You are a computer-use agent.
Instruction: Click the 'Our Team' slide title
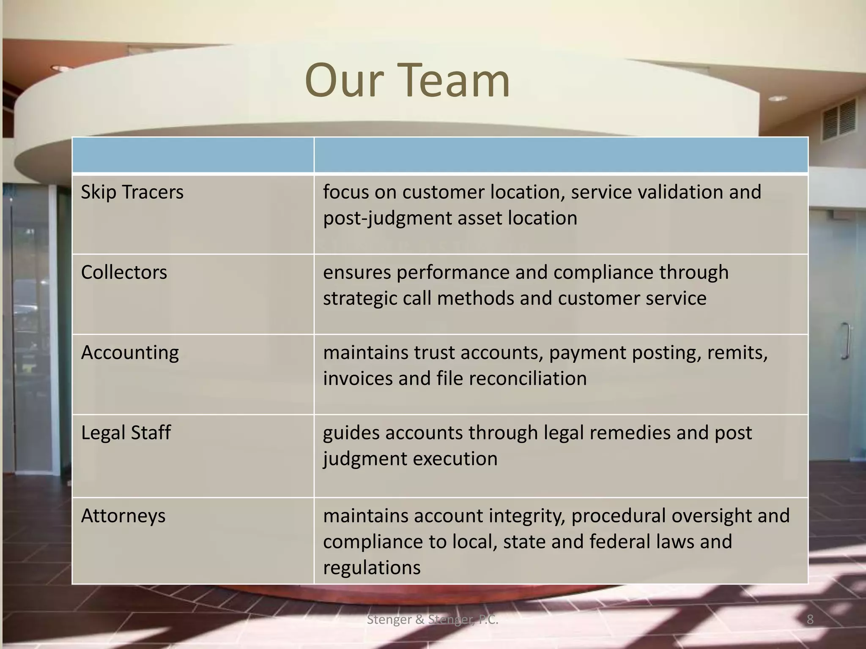[407, 80]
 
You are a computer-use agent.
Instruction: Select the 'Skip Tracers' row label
[132, 192]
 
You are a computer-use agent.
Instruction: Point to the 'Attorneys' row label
[123, 516]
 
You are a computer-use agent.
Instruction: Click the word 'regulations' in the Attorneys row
[372, 568]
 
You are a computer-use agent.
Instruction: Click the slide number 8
[810, 620]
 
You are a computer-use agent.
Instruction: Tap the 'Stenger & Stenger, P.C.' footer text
[433, 620]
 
